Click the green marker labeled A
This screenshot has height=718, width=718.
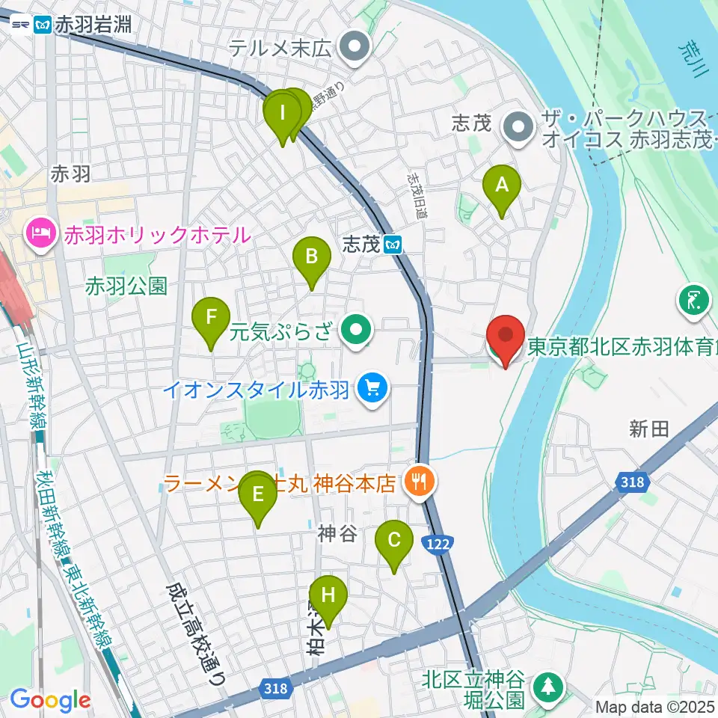[x=501, y=185]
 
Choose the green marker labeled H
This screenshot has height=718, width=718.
[x=328, y=597]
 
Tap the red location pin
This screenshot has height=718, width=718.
[x=506, y=336]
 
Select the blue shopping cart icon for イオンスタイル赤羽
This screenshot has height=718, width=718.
[x=369, y=388]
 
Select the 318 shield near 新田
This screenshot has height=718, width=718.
[x=633, y=483]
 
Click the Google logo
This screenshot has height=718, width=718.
[x=50, y=701]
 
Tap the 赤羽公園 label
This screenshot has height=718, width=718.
[x=126, y=285]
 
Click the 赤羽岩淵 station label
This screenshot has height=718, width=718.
[x=94, y=25]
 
